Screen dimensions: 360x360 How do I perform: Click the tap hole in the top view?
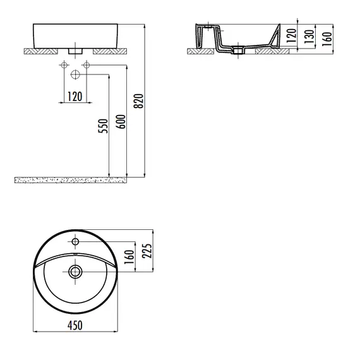(75, 242)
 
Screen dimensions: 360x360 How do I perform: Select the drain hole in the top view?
(75, 272)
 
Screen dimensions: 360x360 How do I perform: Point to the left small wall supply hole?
(64, 66)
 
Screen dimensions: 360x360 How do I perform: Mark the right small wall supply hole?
(87, 66)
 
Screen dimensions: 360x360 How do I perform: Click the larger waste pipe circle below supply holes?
(75, 75)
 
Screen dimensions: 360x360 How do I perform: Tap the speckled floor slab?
(69, 181)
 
